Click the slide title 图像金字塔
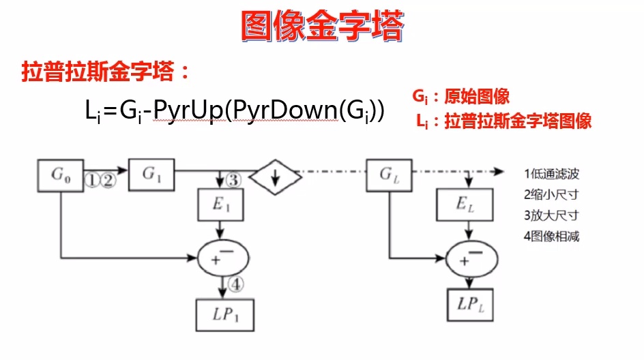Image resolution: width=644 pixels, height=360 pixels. [323, 27]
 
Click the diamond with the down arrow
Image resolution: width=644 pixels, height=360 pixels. [276, 175]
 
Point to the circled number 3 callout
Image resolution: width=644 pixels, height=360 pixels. [234, 181]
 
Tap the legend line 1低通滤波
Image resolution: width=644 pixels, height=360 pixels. [552, 174]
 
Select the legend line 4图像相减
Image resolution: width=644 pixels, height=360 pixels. [552, 236]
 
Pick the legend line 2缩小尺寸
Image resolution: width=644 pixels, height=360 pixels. [552, 195]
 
